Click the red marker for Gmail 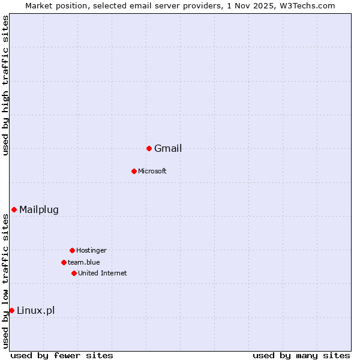tap(149, 148)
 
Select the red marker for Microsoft tap(134, 171)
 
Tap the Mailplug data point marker tap(14, 209)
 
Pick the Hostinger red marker tap(72, 250)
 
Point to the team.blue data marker tap(64, 262)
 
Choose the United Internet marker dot tap(74, 273)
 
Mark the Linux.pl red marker tap(11, 310)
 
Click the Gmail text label tap(168, 149)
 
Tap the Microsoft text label tap(152, 171)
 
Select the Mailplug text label tap(39, 209)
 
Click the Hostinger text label tap(91, 250)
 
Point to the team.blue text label tap(84, 262)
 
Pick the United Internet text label tap(103, 273)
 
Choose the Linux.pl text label tap(36, 310)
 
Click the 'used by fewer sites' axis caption tap(62, 355)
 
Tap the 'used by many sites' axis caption tap(301, 355)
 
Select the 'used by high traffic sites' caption tap(5, 85)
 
